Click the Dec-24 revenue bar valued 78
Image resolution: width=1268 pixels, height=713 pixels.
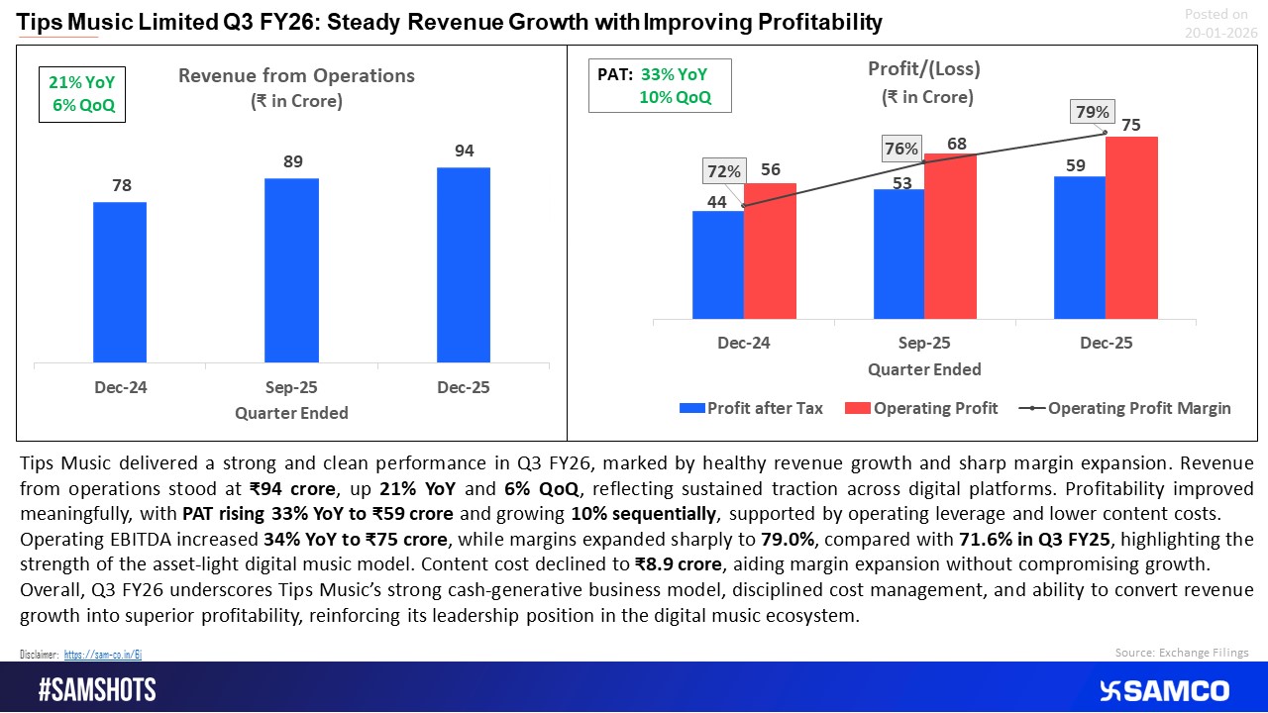coord(120,282)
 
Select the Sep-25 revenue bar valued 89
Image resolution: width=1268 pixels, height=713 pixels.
coord(291,270)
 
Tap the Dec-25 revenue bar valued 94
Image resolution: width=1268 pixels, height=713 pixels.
coord(463,264)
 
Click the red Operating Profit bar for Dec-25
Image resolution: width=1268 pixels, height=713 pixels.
coord(1131,228)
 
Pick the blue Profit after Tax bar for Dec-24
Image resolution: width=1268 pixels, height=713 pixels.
coord(718,264)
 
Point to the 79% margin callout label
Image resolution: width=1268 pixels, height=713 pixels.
coord(1092,113)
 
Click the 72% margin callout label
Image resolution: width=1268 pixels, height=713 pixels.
coord(723,171)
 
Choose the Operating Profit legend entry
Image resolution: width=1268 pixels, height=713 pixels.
coord(923,408)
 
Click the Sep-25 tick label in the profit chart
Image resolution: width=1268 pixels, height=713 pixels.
coord(924,344)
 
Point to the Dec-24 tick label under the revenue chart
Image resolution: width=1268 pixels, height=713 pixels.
coord(120,387)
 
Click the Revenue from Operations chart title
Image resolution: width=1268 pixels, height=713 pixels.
coord(296,76)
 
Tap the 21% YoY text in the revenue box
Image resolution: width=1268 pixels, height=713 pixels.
coord(82,85)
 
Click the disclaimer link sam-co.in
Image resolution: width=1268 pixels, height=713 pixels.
coord(104,655)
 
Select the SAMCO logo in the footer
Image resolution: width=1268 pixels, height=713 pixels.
coord(1164,690)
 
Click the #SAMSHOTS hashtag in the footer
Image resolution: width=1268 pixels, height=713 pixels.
coord(97,690)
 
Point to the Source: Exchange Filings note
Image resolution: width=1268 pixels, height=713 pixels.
coord(1182,652)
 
